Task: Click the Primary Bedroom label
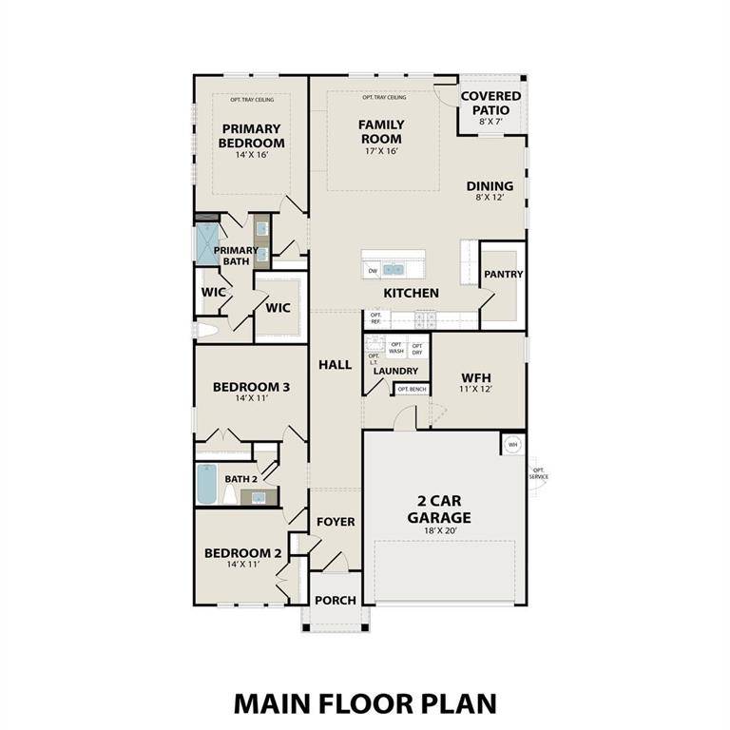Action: tap(251, 136)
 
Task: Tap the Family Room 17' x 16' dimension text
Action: tap(381, 151)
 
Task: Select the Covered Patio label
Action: tap(490, 103)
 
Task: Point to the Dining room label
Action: tap(490, 186)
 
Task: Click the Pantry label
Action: tap(504, 275)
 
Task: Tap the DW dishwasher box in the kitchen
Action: tap(373, 271)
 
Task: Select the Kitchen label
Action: tap(411, 294)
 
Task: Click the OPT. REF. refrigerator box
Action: tap(375, 318)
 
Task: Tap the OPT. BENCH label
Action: tap(411, 390)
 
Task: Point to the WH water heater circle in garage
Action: tap(512, 444)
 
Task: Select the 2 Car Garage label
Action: tap(439, 509)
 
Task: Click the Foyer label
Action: tap(336, 522)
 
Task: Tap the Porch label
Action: tap(336, 600)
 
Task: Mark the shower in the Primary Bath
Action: tap(207, 243)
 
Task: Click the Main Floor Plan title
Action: tap(365, 703)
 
